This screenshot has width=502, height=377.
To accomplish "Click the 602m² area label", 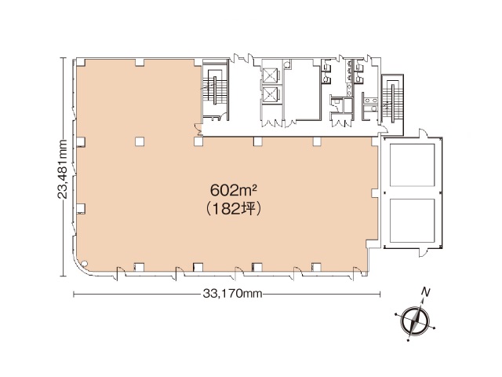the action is point(234,191).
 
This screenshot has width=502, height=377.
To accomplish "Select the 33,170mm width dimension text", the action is point(232,293).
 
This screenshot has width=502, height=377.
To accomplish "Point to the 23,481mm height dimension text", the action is point(62,169).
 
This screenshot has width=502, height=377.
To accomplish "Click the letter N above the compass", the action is point(425,292).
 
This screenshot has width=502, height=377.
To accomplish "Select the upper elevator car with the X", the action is point(270,75).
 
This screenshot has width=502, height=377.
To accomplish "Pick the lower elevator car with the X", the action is point(270,94).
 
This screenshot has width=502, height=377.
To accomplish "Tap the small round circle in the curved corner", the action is point(84,264).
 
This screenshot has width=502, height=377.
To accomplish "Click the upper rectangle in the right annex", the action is point(413,165).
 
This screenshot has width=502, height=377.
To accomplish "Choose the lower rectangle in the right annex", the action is point(413,220).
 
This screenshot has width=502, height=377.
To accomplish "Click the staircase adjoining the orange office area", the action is point(214,89).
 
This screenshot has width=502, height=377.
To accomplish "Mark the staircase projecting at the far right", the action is point(392,99).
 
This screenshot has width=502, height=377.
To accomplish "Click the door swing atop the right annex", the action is point(424,133).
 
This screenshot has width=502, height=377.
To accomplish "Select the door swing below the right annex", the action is point(424,252).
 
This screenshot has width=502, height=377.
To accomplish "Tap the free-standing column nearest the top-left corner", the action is point(140,141).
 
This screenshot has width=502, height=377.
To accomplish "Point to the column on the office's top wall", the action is point(140,63).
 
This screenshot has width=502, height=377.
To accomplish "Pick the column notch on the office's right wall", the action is point(375,193).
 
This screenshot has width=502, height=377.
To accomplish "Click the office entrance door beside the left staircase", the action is point(198,129).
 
